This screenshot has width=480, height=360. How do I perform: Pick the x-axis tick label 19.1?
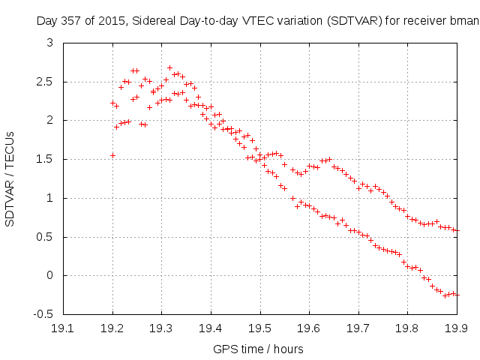[x=64, y=328]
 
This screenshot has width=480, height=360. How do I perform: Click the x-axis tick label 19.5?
[x=260, y=328]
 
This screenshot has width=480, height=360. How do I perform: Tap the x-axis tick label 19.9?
[x=457, y=328]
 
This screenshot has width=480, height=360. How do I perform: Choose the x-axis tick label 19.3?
[x=162, y=328]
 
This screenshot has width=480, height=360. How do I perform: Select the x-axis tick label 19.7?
[x=358, y=328]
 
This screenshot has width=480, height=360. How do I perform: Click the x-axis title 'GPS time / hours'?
[x=259, y=348]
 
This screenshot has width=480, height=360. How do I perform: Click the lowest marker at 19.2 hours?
[x=113, y=155]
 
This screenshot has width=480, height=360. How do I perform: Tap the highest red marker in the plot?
[x=169, y=67]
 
